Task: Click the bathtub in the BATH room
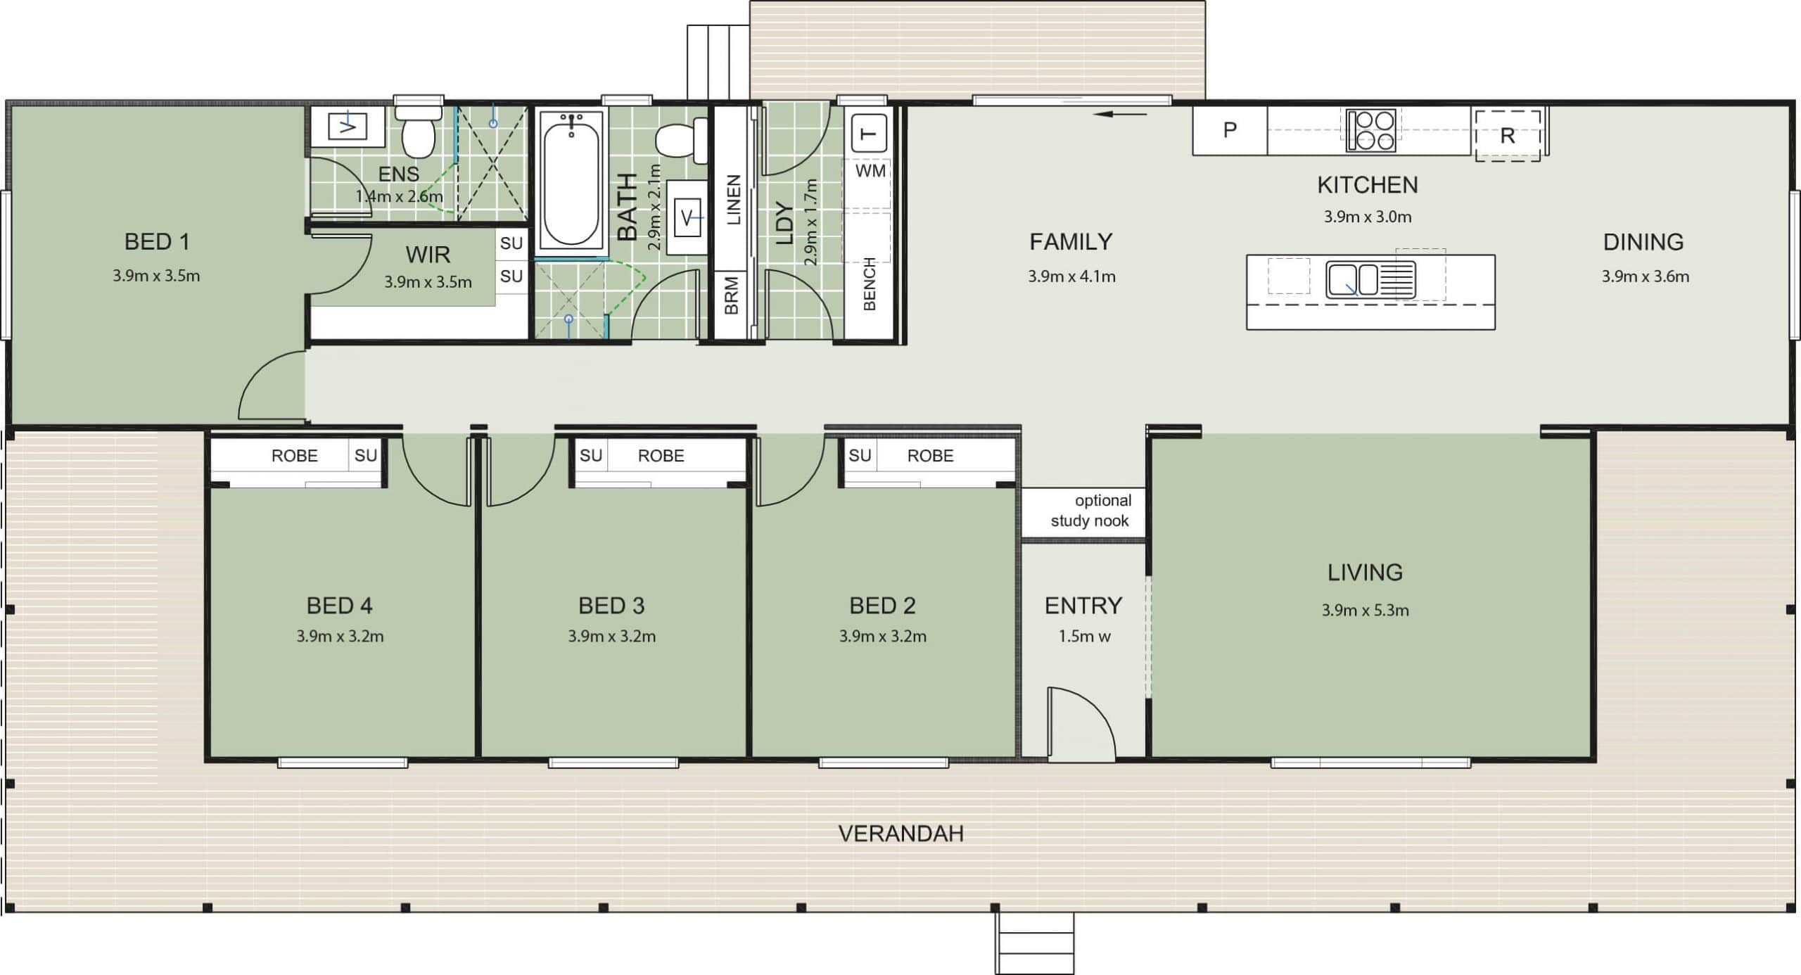coord(571,181)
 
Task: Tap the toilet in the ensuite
coord(419,131)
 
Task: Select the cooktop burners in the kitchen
coord(1371,131)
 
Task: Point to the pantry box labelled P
coord(1230,130)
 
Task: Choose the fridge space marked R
coord(1508,136)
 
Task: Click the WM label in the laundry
coord(870,171)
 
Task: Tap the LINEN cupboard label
coord(733,200)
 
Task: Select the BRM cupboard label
coord(732,295)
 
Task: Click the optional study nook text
coord(1090,511)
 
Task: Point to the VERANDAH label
coord(901,834)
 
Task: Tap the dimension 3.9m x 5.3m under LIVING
coord(1365,611)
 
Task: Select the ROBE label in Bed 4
coord(294,456)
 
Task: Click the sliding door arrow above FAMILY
coord(1121,114)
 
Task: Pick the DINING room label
coord(1643,243)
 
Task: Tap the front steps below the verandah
coord(1034,943)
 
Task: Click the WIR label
coord(428,255)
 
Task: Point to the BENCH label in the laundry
coord(870,284)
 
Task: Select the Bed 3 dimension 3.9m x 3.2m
coord(612,637)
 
